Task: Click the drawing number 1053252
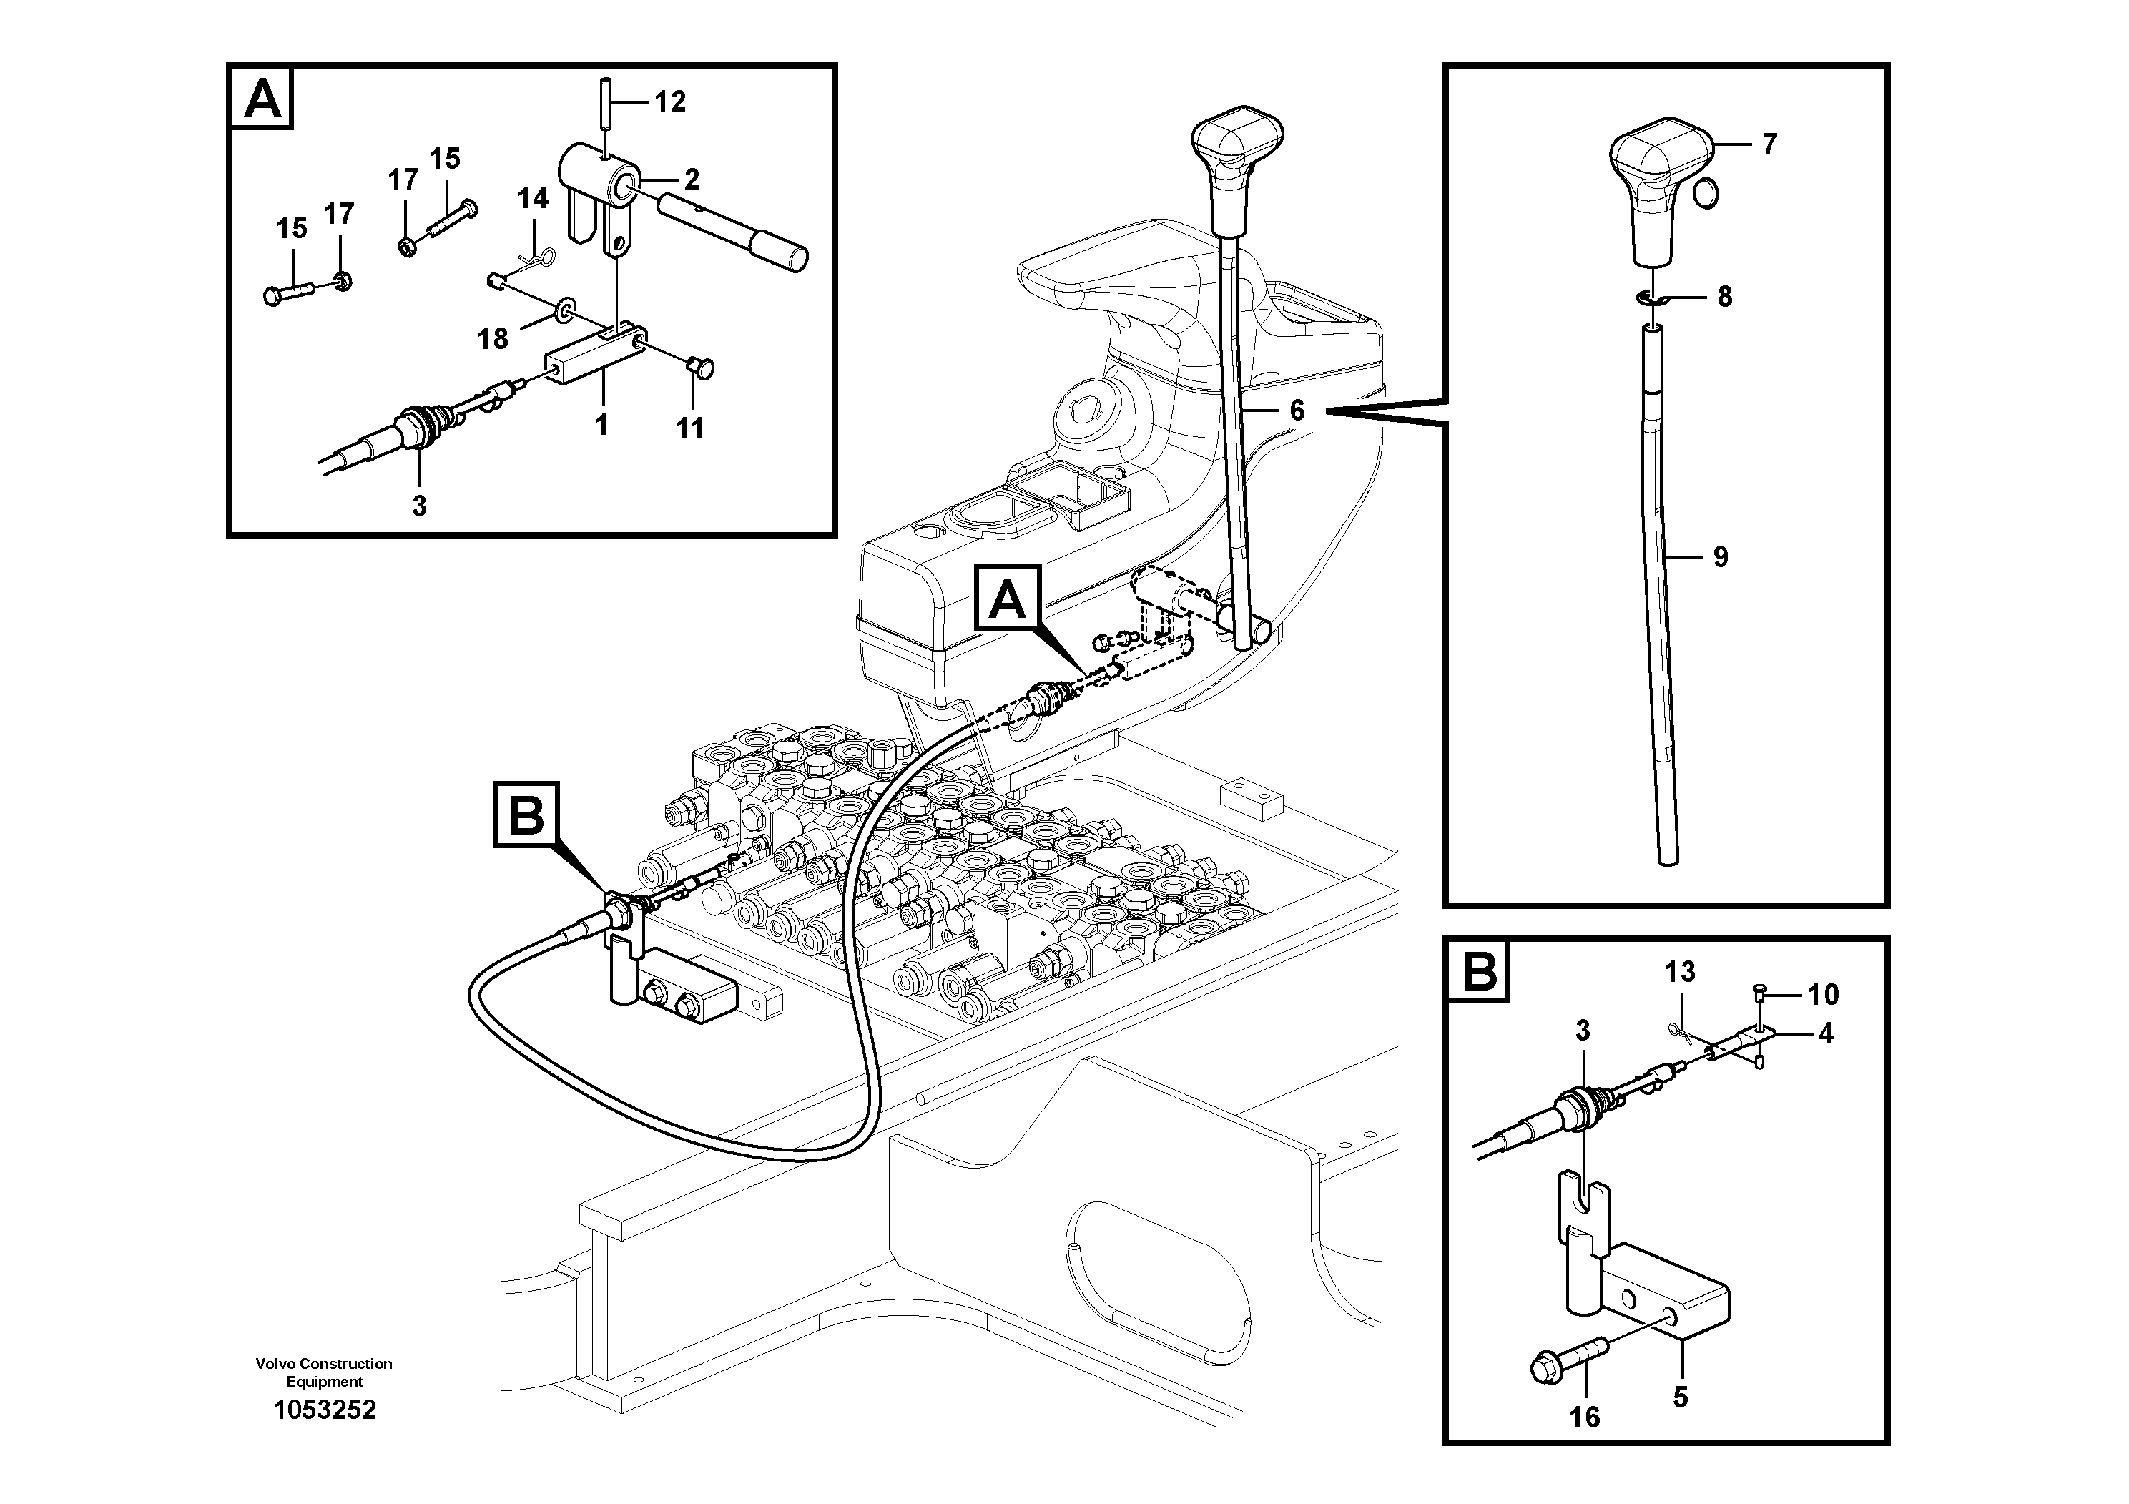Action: point(325,1410)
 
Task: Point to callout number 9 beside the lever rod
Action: point(1720,556)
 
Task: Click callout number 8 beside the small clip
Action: point(1724,297)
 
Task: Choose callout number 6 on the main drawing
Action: point(1297,410)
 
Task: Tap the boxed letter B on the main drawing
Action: point(526,815)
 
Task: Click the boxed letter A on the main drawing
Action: point(1008,600)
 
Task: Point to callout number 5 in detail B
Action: point(1680,1397)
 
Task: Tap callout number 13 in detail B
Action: point(1679,972)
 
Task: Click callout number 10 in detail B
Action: point(1822,994)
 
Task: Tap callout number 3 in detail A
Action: point(419,506)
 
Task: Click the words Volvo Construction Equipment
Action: point(325,1372)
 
